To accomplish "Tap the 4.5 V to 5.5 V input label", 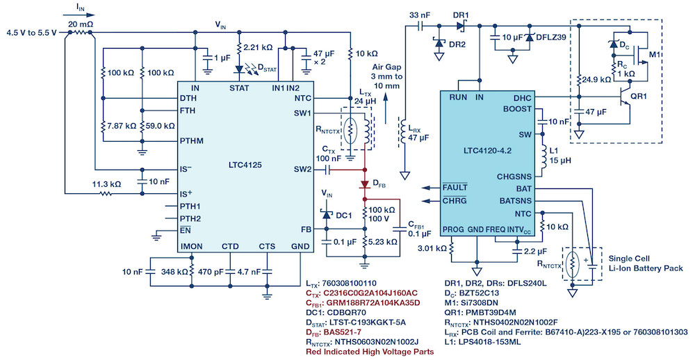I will coord(33,33).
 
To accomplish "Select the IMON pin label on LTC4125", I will coord(193,246).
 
